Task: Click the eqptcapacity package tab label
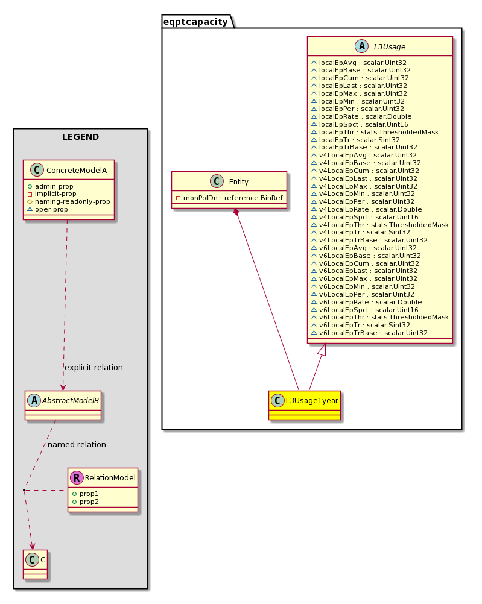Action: [x=195, y=22]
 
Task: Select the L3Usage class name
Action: [x=390, y=46]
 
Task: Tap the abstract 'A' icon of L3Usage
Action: [x=362, y=46]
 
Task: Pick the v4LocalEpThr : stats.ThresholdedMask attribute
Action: [x=380, y=225]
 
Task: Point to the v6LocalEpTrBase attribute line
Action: [x=369, y=333]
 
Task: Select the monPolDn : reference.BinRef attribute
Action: [x=229, y=198]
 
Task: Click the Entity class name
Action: [x=239, y=182]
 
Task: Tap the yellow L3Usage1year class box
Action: [x=305, y=405]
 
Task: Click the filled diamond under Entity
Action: [x=236, y=212]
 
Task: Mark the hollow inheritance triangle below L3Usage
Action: [x=322, y=350]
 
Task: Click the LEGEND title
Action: [x=81, y=137]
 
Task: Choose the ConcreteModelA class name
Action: [x=77, y=170]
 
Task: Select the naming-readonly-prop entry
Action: [x=69, y=201]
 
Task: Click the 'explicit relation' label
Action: [x=94, y=368]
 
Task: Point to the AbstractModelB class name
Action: [x=70, y=401]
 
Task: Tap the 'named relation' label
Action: [x=77, y=444]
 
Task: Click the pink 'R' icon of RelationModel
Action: [x=77, y=477]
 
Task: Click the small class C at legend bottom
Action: [x=35, y=564]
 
